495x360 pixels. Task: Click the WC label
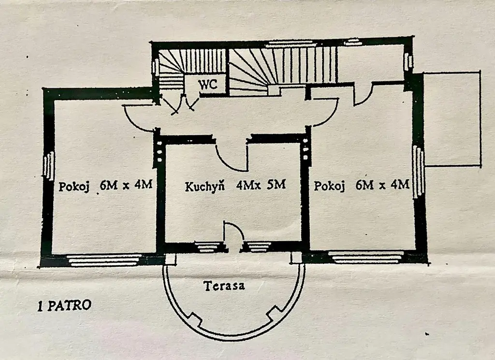(x=207, y=84)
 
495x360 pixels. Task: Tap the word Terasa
(x=224, y=286)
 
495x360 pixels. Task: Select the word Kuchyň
(x=204, y=186)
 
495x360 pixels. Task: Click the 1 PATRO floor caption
(x=64, y=305)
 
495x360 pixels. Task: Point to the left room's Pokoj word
(x=74, y=186)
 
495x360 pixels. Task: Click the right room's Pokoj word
(x=329, y=186)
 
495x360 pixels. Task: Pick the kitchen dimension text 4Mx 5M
(x=261, y=185)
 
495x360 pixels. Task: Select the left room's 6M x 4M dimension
(x=126, y=185)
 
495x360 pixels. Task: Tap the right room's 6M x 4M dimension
(x=382, y=185)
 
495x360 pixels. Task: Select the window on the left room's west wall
(x=49, y=166)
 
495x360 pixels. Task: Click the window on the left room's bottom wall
(x=105, y=260)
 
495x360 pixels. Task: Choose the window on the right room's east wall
(x=419, y=172)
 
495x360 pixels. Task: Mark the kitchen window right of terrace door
(x=259, y=246)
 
